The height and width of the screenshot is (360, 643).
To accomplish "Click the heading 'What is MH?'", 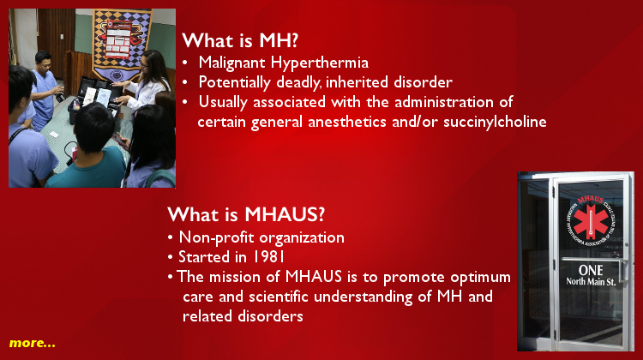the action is [240, 40].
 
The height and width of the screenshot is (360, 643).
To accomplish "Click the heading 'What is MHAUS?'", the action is [246, 214].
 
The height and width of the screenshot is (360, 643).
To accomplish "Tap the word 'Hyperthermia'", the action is [320, 63].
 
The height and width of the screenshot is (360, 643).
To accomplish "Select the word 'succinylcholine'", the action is [495, 123].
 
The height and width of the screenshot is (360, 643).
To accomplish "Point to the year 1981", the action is [268, 257].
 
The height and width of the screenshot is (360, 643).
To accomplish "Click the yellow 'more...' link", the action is [32, 343].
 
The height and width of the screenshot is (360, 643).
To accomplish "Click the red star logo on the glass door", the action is [591, 221].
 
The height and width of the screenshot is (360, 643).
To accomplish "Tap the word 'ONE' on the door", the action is [591, 270].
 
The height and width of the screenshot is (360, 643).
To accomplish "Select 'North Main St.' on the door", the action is [591, 282].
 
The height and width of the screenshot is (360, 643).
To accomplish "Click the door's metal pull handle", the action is [624, 271].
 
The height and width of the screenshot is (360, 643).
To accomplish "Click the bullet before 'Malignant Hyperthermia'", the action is [185, 63].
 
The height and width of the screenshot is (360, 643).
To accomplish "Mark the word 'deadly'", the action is [298, 83].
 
